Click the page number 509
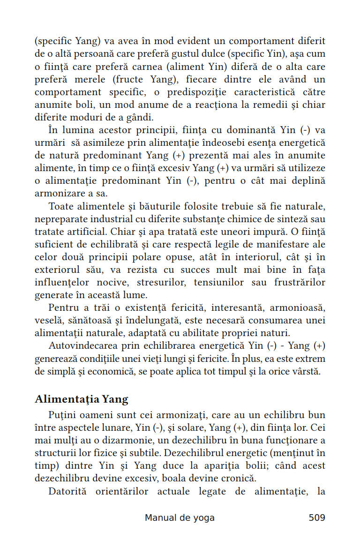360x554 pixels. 316,517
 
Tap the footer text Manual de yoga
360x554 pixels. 180,517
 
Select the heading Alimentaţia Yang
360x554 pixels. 82,399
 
